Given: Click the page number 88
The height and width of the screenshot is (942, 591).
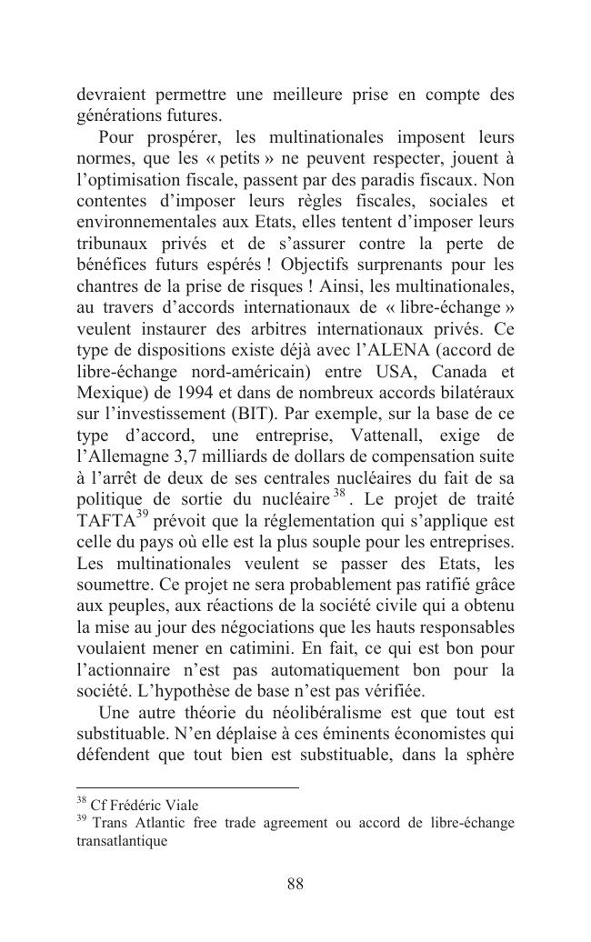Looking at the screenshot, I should [x=295, y=884].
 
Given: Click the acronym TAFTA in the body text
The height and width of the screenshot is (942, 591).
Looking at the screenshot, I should [x=105, y=522].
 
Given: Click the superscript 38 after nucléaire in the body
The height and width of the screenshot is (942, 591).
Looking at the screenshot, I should [x=339, y=495].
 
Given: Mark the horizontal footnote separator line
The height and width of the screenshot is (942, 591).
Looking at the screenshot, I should [x=187, y=787].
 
